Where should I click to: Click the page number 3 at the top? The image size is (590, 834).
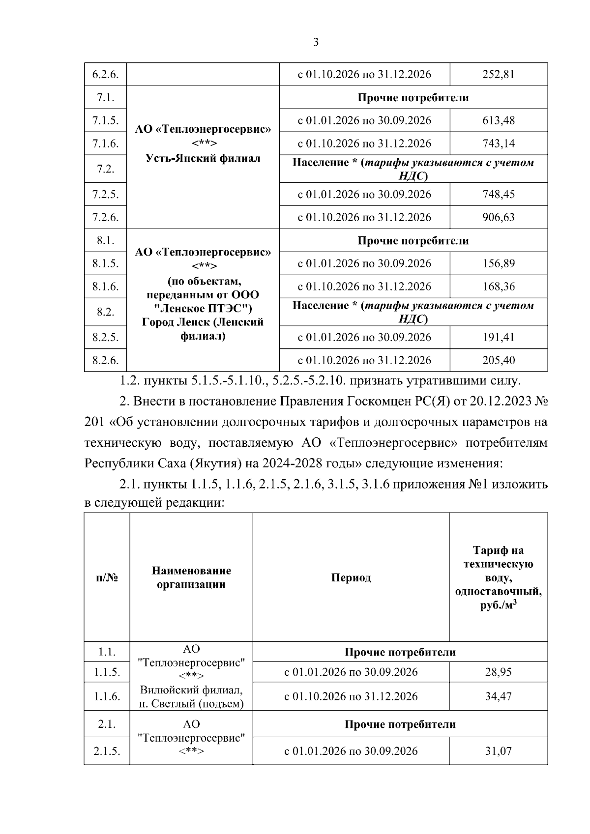(x=316, y=42)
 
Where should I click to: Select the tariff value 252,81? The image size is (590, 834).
(x=499, y=74)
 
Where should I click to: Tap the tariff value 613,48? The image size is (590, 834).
(x=499, y=120)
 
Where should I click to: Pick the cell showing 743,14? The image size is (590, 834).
(x=499, y=144)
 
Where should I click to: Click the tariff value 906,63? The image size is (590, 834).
(x=499, y=217)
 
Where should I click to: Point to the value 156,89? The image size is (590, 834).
(x=499, y=263)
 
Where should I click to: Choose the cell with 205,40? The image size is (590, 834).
(x=499, y=360)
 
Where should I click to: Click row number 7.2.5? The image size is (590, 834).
(x=105, y=194)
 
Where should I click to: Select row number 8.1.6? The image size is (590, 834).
(x=105, y=287)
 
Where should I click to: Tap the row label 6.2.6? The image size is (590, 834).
(x=105, y=74)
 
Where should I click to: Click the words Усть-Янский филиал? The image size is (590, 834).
(x=203, y=158)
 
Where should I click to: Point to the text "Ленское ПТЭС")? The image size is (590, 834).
(x=203, y=309)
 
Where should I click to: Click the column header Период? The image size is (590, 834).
(x=351, y=577)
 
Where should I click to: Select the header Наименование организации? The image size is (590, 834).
(x=191, y=577)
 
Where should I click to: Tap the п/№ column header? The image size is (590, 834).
(x=107, y=577)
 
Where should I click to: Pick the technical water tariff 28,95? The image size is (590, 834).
(x=499, y=672)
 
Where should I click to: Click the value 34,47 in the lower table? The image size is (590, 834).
(x=499, y=696)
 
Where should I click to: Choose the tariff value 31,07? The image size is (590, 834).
(x=499, y=751)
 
